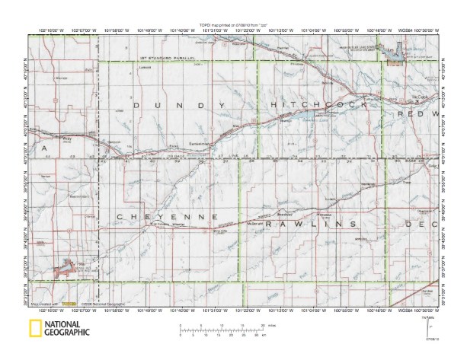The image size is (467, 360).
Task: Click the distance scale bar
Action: (221, 329)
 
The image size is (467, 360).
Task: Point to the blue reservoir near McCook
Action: (395, 54)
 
